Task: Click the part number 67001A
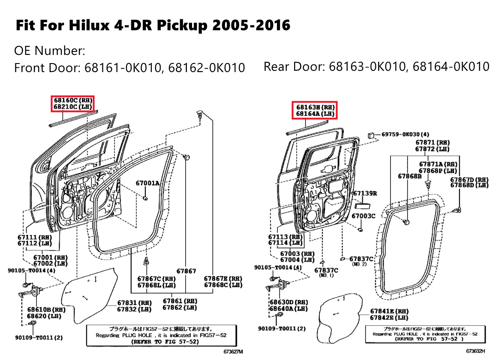[147, 183]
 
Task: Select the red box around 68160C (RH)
[72, 103]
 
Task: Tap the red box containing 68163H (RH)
[314, 110]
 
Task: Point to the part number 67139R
[365, 194]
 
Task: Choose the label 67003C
[363, 216]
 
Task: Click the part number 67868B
[409, 176]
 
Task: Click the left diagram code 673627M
[233, 352]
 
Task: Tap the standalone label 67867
[186, 271]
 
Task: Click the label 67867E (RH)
[223, 278]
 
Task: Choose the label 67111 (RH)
[35, 237]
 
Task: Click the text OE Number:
[50, 51]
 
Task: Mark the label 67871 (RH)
[432, 142]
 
